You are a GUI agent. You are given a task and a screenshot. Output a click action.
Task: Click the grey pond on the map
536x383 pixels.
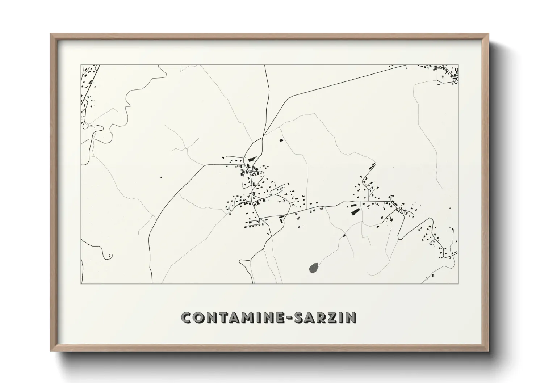pos(314,268)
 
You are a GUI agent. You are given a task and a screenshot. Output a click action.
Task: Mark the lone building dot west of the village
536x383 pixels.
pos(161,177)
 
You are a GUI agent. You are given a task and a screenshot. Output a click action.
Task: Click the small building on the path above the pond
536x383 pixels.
pos(344,236)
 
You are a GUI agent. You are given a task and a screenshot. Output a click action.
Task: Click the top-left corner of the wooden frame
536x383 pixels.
pos(51,34)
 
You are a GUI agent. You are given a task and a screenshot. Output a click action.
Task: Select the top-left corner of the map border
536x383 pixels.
pos(81,65)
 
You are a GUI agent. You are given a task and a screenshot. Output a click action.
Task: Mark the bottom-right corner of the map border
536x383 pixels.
pos(458,283)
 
